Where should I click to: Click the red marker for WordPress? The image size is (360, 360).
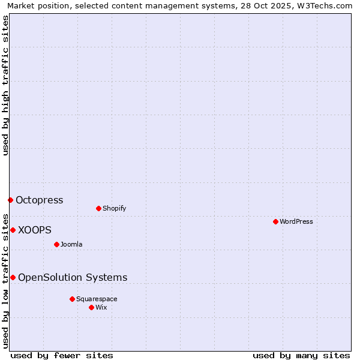click(x=275, y=221)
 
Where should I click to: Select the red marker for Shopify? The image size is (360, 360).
click(x=98, y=208)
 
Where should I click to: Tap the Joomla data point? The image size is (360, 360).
click(x=56, y=244)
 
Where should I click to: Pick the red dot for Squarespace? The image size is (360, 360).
click(x=72, y=299)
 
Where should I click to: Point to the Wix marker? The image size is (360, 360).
click(x=91, y=307)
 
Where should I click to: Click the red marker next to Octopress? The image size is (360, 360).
click(x=10, y=200)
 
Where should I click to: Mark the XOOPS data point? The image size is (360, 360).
click(x=13, y=230)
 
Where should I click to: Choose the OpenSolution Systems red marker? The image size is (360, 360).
click(x=13, y=277)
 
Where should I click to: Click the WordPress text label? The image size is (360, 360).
click(x=296, y=221)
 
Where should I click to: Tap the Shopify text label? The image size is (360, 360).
click(x=114, y=208)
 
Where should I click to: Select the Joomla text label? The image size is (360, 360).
click(x=71, y=244)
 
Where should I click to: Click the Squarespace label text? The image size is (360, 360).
click(x=97, y=299)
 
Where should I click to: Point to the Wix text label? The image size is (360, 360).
click(x=101, y=307)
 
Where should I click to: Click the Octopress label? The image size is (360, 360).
click(x=39, y=200)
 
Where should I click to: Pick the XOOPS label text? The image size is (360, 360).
click(x=35, y=230)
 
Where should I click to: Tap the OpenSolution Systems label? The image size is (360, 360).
click(x=73, y=277)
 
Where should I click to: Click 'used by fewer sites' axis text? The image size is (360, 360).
click(x=62, y=355)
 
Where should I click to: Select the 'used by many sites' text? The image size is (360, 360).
click(x=301, y=355)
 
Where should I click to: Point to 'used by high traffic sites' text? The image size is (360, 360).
click(x=5, y=85)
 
